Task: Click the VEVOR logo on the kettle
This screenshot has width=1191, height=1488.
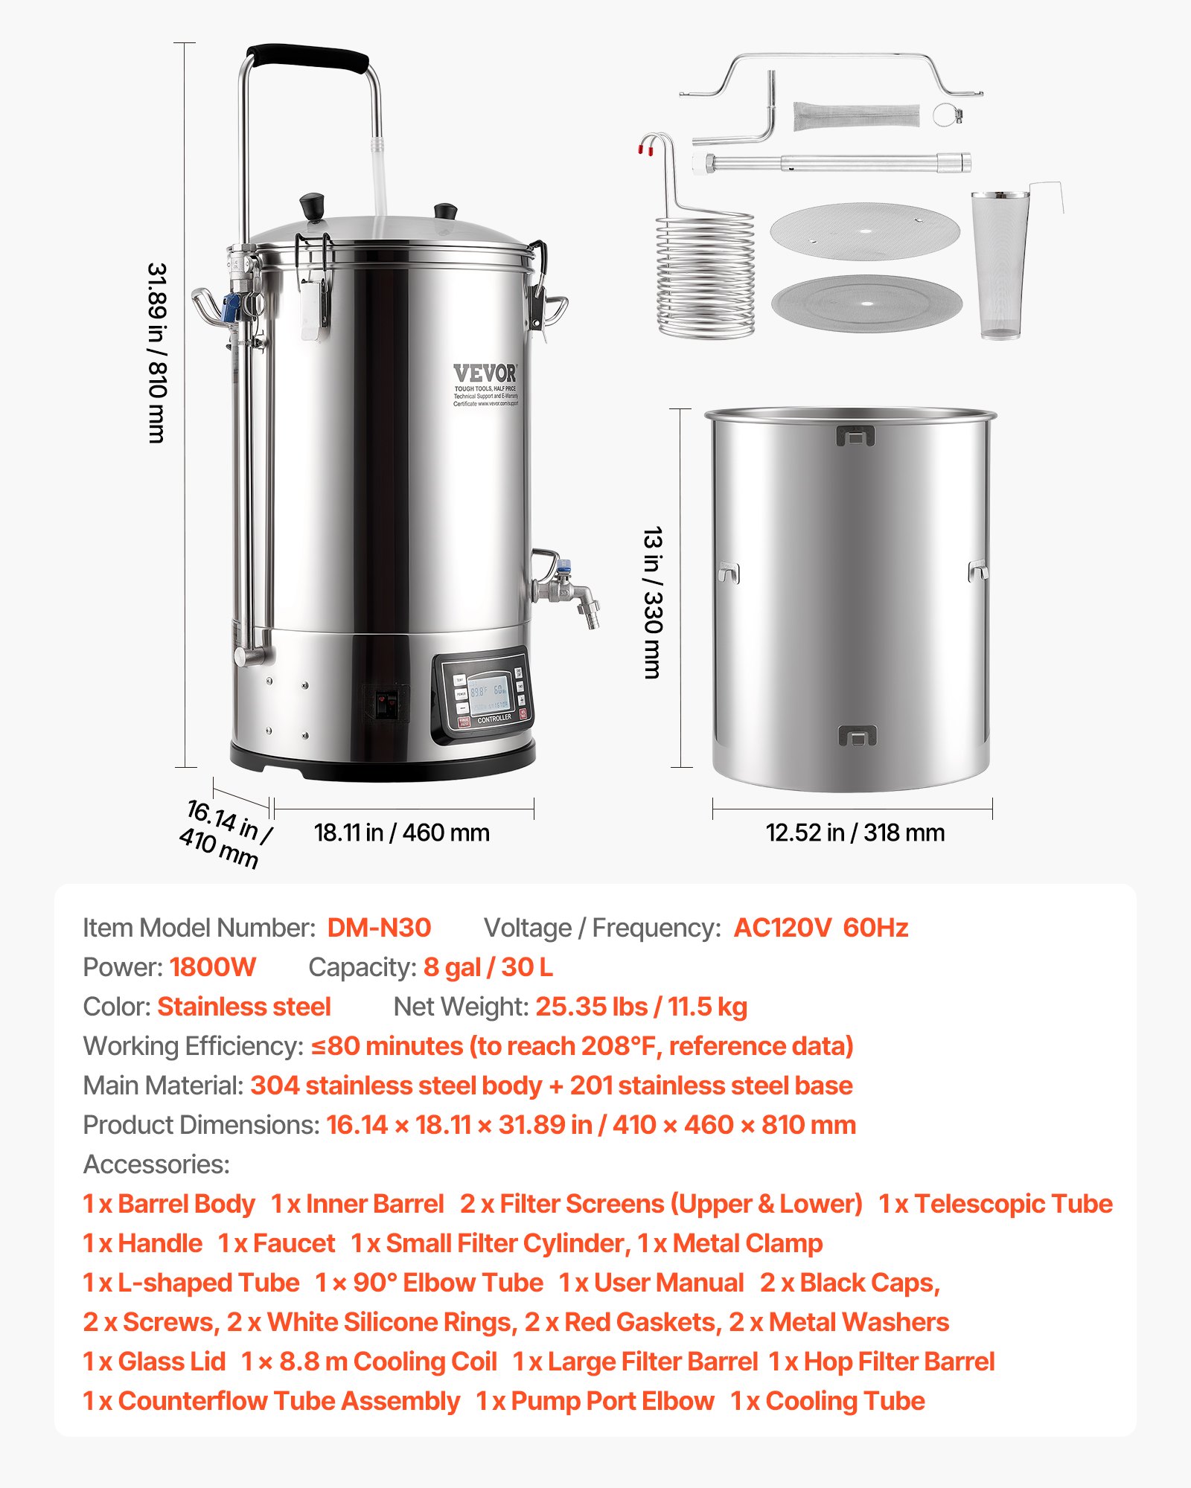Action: (x=485, y=373)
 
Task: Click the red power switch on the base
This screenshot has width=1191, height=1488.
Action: (x=386, y=703)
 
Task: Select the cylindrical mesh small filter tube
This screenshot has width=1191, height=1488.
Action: (x=856, y=116)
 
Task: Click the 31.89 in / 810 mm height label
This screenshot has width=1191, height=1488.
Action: (x=157, y=353)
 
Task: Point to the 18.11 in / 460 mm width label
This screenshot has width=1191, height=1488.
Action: (x=401, y=833)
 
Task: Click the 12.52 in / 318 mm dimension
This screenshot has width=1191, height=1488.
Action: (x=855, y=833)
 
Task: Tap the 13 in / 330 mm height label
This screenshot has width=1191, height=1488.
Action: (x=652, y=603)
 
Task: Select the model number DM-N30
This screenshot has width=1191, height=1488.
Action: (x=379, y=928)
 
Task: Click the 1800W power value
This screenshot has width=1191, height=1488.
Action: (x=212, y=967)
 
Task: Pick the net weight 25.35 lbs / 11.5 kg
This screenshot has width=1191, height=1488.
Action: (x=641, y=1007)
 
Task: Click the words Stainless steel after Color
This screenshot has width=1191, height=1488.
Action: (x=244, y=1007)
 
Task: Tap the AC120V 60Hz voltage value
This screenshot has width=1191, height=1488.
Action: (x=820, y=928)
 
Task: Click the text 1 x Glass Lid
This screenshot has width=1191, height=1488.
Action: (x=154, y=1362)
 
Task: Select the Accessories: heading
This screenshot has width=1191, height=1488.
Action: (x=156, y=1164)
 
